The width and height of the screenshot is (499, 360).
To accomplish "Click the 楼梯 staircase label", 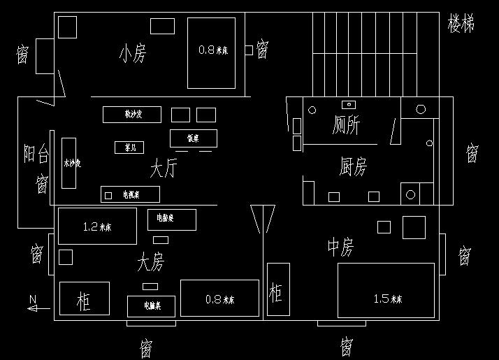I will tap(461, 24).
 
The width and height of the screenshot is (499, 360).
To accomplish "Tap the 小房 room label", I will tap(133, 54).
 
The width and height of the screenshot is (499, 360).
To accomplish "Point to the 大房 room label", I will tap(151, 263).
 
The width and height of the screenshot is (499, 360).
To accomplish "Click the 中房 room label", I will tap(340, 247).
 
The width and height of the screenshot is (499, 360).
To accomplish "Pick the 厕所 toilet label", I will tap(346, 126).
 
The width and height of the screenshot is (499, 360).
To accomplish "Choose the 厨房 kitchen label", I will tap(353, 166).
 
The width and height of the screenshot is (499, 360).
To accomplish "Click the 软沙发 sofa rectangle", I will tap(132, 114).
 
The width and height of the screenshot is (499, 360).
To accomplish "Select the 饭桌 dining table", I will tap(194, 138).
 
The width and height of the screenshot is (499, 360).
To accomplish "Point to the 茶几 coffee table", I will tap(129, 147).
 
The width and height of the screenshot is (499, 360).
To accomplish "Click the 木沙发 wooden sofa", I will tap(69, 163).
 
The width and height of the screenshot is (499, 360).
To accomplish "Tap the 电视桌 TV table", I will tap(131, 194).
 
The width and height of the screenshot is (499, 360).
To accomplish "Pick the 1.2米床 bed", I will tap(97, 226).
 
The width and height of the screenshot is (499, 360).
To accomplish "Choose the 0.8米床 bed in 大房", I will tap(219, 298).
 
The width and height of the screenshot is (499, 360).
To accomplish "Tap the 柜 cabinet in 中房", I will tap(278, 289).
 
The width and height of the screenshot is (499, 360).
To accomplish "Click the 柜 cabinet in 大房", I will tap(84, 298).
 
